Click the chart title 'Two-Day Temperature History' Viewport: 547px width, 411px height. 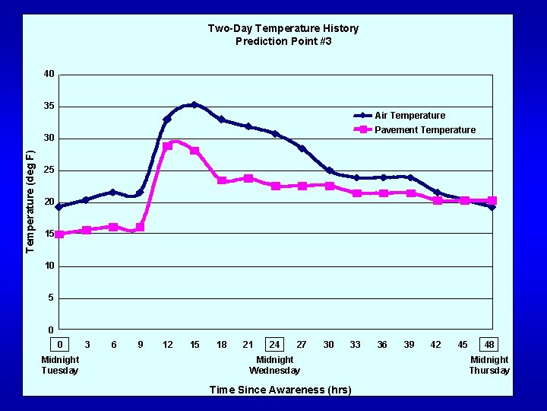click(283, 28)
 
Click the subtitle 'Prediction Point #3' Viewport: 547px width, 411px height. click(283, 41)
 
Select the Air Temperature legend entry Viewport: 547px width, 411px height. click(409, 116)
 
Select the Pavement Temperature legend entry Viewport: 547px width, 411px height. click(425, 130)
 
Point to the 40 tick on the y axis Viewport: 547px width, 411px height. click(49, 74)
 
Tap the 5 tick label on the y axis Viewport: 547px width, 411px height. click(51, 298)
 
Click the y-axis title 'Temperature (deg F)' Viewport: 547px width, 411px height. click(30, 201)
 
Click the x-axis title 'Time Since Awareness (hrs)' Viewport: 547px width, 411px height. click(280, 390)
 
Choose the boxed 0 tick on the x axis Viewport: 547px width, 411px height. click(60, 345)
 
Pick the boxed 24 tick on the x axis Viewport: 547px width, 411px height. click(274, 345)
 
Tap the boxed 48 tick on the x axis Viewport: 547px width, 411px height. click(490, 345)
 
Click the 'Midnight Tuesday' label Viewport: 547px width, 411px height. click(60, 365)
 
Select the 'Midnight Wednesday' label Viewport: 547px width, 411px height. click(274, 365)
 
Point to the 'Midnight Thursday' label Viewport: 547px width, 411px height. click(489, 365)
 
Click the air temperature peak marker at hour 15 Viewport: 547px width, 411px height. click(194, 105)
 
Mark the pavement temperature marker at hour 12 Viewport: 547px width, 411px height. click(167, 146)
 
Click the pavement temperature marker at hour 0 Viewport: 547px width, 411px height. click(59, 234)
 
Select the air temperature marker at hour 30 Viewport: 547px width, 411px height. click(329, 171)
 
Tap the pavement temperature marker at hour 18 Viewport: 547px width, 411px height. click(221, 180)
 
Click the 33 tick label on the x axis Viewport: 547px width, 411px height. click(355, 345)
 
